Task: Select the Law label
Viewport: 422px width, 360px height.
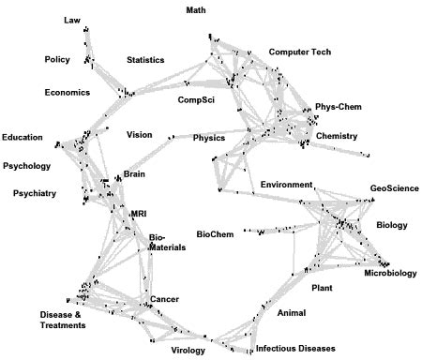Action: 72,20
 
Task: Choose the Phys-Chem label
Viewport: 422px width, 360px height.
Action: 338,107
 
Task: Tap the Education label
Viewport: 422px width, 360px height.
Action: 23,138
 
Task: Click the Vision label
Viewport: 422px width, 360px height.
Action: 140,135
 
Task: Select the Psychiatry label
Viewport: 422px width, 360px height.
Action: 36,194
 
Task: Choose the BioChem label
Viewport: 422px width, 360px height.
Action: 216,232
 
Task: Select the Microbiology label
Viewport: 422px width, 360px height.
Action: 390,274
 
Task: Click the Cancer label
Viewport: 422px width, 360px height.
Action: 164,299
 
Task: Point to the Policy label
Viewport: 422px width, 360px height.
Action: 58,60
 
